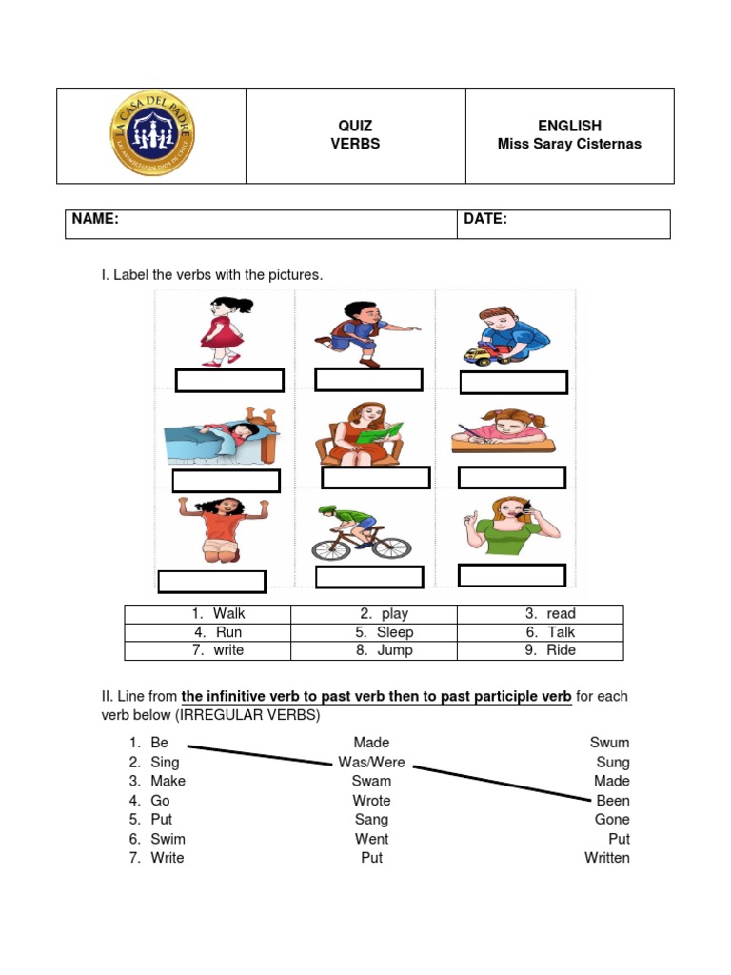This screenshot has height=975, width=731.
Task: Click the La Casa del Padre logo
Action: tap(151, 135)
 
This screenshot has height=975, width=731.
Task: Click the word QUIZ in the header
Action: tap(355, 126)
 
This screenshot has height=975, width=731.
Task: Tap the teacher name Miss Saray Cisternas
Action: tap(569, 144)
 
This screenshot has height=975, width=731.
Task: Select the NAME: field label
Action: tap(95, 219)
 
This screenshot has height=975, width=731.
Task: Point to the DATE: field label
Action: tap(485, 219)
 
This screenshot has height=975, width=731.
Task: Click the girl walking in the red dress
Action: tap(225, 330)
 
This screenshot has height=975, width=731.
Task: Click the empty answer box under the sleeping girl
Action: tap(227, 481)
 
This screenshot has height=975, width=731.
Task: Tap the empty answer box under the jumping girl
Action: tap(211, 581)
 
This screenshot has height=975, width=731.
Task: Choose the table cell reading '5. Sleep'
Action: tap(373, 632)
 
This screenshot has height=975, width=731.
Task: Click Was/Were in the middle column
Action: tap(371, 762)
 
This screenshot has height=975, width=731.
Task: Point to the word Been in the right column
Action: tap(613, 801)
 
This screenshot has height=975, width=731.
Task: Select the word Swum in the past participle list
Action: tap(610, 743)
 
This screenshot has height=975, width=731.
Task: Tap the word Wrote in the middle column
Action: tap(371, 801)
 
